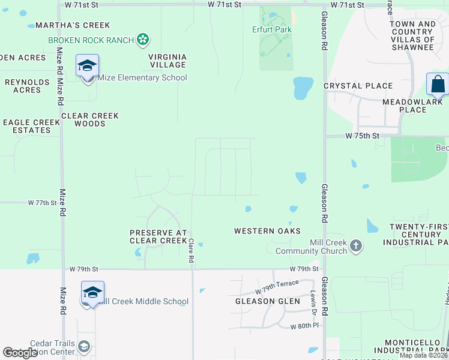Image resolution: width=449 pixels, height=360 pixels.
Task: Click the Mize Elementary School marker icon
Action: [x=87, y=65]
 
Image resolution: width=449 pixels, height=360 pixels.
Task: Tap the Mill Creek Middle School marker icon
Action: [x=93, y=292]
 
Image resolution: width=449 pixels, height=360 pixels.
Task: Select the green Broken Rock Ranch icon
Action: [x=143, y=40]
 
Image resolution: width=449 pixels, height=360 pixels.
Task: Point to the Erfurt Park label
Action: [x=271, y=29]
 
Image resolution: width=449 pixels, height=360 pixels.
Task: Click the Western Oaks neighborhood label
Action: [x=267, y=231]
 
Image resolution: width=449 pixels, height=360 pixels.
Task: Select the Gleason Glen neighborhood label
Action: [x=267, y=301]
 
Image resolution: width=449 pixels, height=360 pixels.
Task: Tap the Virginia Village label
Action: [x=167, y=61]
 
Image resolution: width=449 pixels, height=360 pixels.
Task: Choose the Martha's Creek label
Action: [x=73, y=25]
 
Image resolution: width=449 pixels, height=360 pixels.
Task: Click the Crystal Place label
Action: [x=358, y=86]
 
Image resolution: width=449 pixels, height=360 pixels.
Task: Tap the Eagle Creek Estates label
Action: [x=32, y=126]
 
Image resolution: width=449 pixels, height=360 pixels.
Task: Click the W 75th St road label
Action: [x=363, y=136]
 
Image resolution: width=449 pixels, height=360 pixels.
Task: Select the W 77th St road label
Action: [x=42, y=203]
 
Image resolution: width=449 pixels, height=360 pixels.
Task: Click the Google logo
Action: [x=20, y=353]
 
